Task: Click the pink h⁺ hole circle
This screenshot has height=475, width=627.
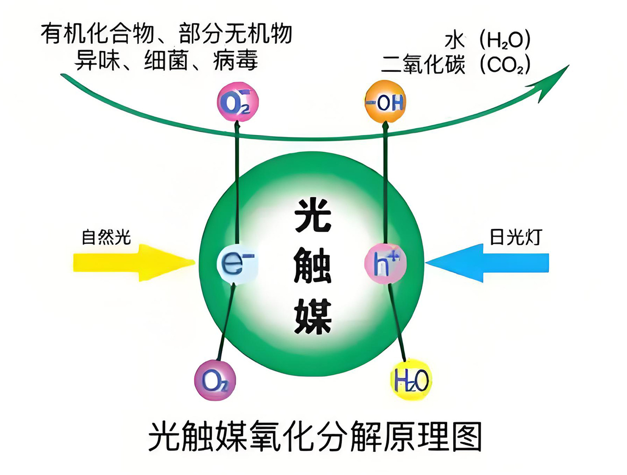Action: click(385, 263)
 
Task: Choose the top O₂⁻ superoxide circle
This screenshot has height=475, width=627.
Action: click(237, 102)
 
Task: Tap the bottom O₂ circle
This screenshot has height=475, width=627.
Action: click(215, 380)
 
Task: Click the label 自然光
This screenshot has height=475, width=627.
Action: click(106, 237)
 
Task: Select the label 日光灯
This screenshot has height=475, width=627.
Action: click(515, 237)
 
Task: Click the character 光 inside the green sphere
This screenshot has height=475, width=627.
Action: click(313, 215)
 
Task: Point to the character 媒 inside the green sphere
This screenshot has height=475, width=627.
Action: click(313, 316)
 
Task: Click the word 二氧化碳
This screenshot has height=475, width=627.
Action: click(423, 65)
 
